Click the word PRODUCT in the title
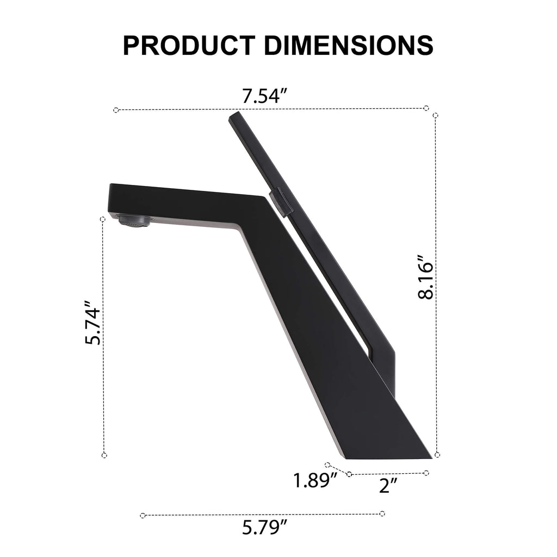point(189,45)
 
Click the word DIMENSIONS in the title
point(349,45)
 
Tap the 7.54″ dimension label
point(264,96)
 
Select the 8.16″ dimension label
point(425,277)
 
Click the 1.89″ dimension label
point(315,481)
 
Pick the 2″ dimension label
point(388,485)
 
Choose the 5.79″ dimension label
point(264,527)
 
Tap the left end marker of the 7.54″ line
point(116,110)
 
